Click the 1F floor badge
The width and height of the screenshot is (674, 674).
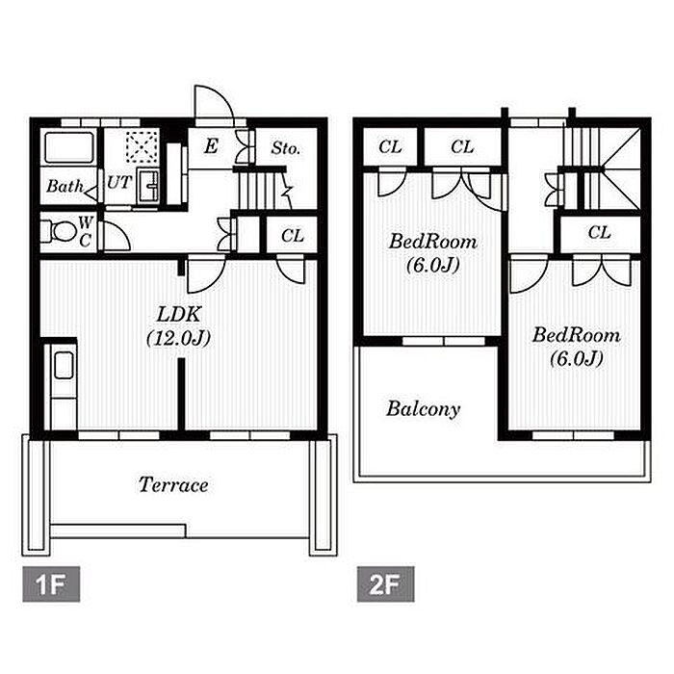coord(51,583)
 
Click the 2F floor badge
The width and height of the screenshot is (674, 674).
coord(385,583)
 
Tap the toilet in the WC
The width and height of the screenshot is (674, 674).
coord(59,232)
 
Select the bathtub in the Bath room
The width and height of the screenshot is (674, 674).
coord(69,148)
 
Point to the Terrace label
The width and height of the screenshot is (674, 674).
coord(173,485)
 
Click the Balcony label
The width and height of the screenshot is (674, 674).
coord(423,409)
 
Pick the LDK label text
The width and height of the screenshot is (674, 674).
coord(179,314)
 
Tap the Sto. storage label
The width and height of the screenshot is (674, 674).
coord(285,148)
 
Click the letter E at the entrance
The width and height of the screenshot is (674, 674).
coord(211,146)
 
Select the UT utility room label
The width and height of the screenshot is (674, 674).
coord(118,183)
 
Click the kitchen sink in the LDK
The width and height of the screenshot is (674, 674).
coord(65,365)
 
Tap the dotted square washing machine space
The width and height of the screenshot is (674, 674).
coord(142,146)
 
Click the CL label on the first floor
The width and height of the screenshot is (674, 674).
coord(293,236)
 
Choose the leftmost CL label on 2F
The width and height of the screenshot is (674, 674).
coord(390,147)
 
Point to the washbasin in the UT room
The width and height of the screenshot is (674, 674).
coord(148,186)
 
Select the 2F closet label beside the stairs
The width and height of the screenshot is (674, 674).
coord(600,233)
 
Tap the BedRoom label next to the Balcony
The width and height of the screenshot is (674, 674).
coord(433,252)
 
